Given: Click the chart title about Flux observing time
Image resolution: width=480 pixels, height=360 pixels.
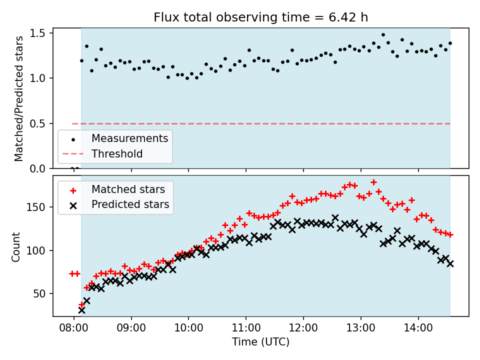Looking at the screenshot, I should click(260, 17).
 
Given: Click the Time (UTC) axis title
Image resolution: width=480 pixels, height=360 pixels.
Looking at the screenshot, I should click(260, 342).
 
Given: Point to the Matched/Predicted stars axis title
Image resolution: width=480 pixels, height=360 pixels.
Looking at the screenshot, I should click(19, 98).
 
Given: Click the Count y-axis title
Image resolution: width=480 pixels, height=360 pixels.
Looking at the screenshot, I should click(16, 246).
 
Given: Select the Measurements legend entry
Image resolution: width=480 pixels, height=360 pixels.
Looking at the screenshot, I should click(129, 138).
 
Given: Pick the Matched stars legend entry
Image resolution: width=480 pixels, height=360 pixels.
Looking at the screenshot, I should click(127, 189).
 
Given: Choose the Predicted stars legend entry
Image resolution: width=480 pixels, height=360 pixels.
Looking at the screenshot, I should click(130, 204).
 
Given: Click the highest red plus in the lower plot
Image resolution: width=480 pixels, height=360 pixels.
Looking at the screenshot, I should click(373, 182).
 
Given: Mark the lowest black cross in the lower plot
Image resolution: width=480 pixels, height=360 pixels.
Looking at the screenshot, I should click(81, 310).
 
